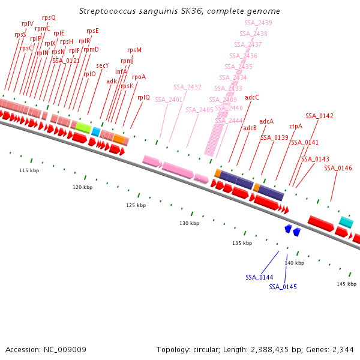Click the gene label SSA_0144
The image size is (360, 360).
[x=259, y=277]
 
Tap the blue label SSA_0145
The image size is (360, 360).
[x=283, y=287]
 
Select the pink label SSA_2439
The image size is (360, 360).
[x=258, y=23]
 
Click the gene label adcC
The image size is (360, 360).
[x=252, y=97]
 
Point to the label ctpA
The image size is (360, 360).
[x=296, y=126]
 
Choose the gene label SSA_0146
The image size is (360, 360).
[x=338, y=168]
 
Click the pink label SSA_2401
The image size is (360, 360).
[x=169, y=100]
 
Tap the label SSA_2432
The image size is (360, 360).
[x=187, y=87]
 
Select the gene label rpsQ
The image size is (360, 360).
[x=49, y=18]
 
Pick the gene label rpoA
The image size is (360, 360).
[x=139, y=77]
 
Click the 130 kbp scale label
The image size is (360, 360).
[x=189, y=223]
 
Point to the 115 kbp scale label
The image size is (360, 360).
[x=29, y=170]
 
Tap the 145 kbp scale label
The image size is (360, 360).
[x=346, y=284]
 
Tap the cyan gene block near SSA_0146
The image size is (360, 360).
[x=346, y=222]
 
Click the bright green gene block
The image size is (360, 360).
[x=83, y=127]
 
